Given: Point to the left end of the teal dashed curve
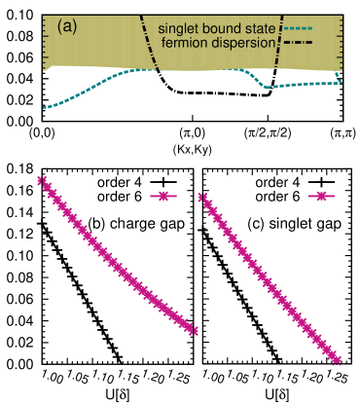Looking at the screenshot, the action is pos(45,107).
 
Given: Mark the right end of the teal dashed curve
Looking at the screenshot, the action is pos(341,77).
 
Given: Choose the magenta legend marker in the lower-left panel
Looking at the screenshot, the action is pos(163,197).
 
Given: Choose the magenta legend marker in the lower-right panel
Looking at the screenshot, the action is pos(320,197).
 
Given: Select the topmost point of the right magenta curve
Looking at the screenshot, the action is pos(201,197).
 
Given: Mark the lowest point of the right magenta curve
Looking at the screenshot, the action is pos(339,360).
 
